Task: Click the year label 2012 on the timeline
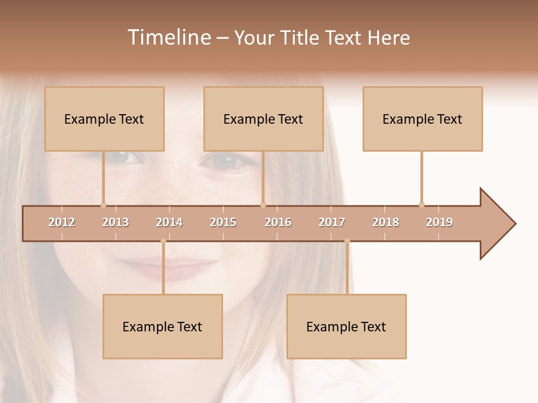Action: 62,222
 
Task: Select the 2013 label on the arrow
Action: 115,222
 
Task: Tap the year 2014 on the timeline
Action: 169,222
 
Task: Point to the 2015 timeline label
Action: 223,222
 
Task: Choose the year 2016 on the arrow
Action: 278,222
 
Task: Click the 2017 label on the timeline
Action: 332,222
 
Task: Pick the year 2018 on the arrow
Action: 386,222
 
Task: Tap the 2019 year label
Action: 439,222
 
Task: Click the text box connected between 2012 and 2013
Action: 104,119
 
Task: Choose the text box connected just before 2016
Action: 263,119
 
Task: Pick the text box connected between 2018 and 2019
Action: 423,119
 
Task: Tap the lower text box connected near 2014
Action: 163,326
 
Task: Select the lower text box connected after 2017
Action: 346,326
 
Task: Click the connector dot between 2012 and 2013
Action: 103,205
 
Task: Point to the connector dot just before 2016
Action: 263,205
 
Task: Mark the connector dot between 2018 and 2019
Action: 421,205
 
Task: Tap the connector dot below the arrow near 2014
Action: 163,241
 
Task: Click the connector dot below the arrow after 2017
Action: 347,241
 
